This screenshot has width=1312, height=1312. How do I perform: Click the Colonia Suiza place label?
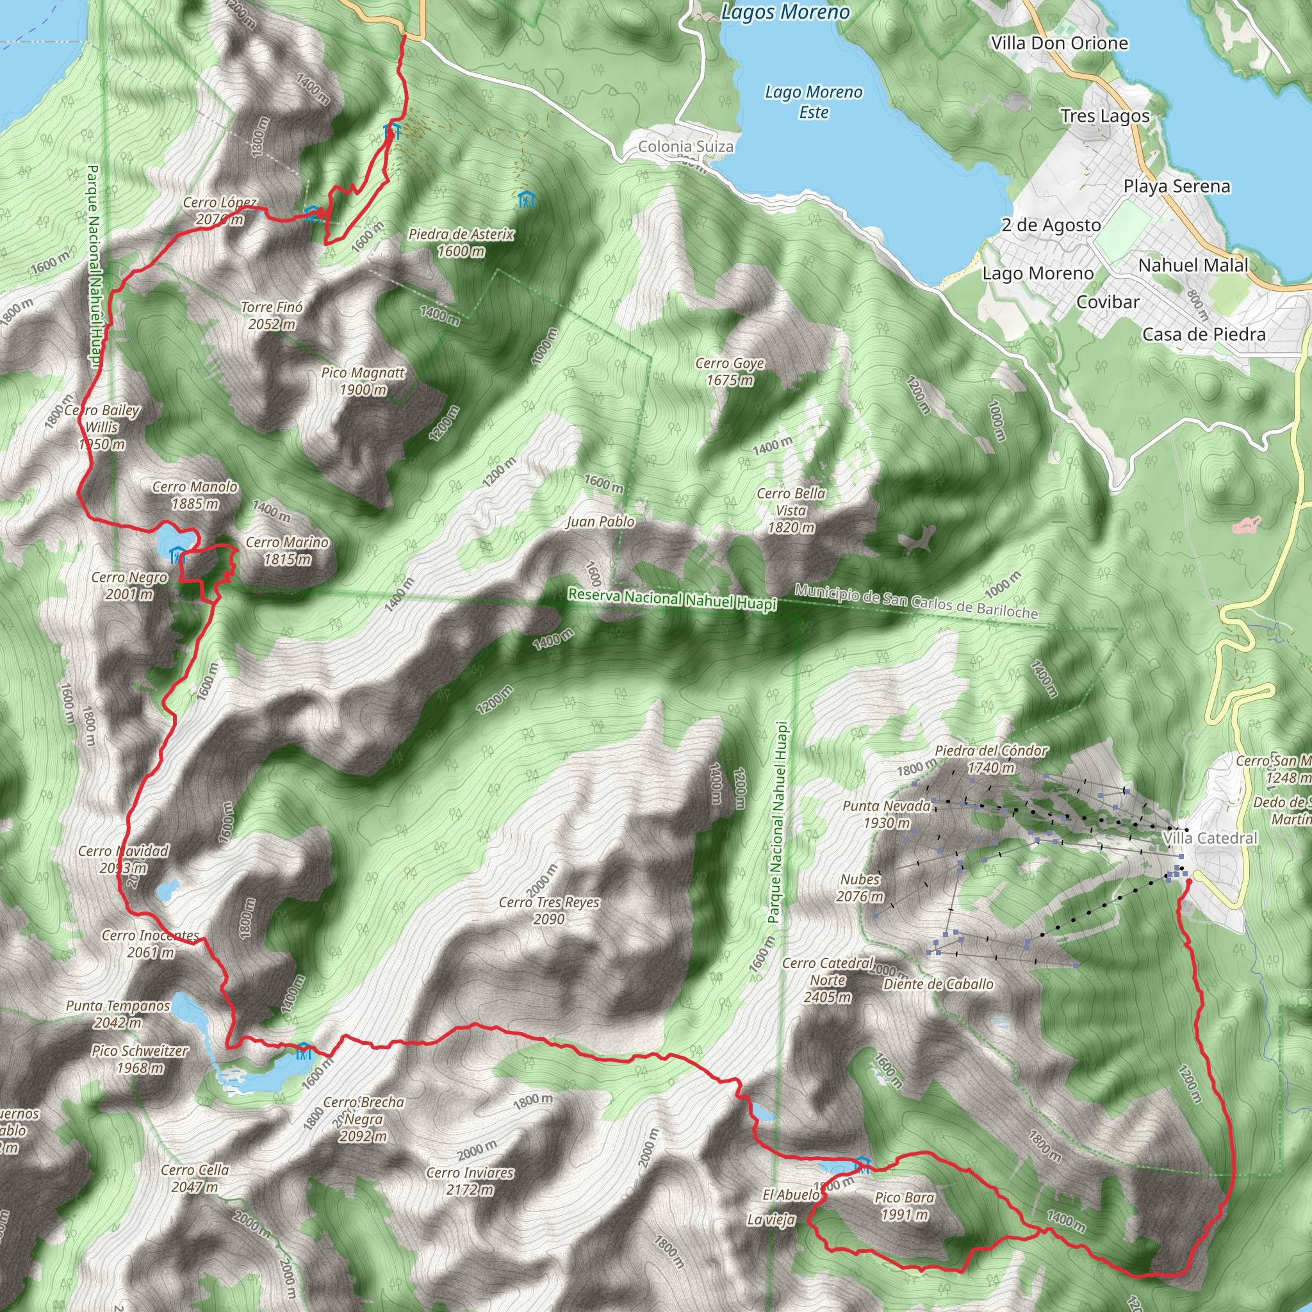tap(686, 146)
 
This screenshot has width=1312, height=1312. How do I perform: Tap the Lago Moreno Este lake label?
tap(814, 102)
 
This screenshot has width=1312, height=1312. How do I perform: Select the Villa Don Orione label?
tap(1059, 44)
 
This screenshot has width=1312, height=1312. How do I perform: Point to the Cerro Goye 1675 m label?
tap(730, 372)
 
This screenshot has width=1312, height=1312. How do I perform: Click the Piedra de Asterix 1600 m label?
tap(461, 243)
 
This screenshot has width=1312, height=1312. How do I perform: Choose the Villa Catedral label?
tap(1210, 838)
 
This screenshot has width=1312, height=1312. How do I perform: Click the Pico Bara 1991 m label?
tap(904, 1206)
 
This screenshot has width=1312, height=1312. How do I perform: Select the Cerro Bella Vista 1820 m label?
tap(791, 510)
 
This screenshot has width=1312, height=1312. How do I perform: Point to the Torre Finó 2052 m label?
tap(272, 316)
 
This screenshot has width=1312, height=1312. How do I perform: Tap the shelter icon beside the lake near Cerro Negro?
tap(177, 555)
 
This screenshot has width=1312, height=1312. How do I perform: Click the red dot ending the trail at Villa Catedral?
tap(1189, 882)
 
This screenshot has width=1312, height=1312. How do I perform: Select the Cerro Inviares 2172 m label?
tap(470, 1181)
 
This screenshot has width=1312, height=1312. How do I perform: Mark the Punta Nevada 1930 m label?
tap(886, 814)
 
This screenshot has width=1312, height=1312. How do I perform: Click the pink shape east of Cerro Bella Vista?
tap(1246, 524)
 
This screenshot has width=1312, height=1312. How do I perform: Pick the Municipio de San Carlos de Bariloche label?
tap(916, 602)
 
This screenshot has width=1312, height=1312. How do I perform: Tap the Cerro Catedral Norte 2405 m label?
tap(828, 980)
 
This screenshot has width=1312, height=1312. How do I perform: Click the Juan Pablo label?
tap(600, 521)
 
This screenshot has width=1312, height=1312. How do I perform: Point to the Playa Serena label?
tap(1176, 186)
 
